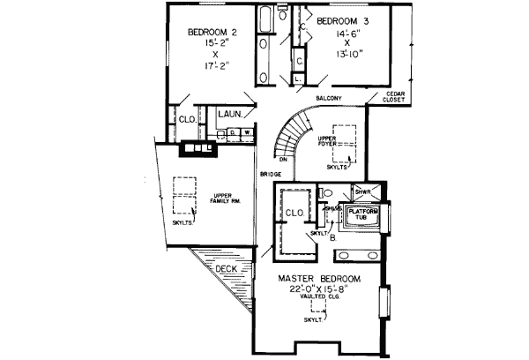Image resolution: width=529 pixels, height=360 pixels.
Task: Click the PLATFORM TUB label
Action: pos(364,214)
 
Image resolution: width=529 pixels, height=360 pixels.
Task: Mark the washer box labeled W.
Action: pos(247,134)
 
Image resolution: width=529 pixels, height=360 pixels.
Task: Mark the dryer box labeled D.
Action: pos(234,134)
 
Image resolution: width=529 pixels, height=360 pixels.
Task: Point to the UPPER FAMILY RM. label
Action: pos(227,199)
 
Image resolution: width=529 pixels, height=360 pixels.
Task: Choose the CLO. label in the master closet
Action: pos(293,213)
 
